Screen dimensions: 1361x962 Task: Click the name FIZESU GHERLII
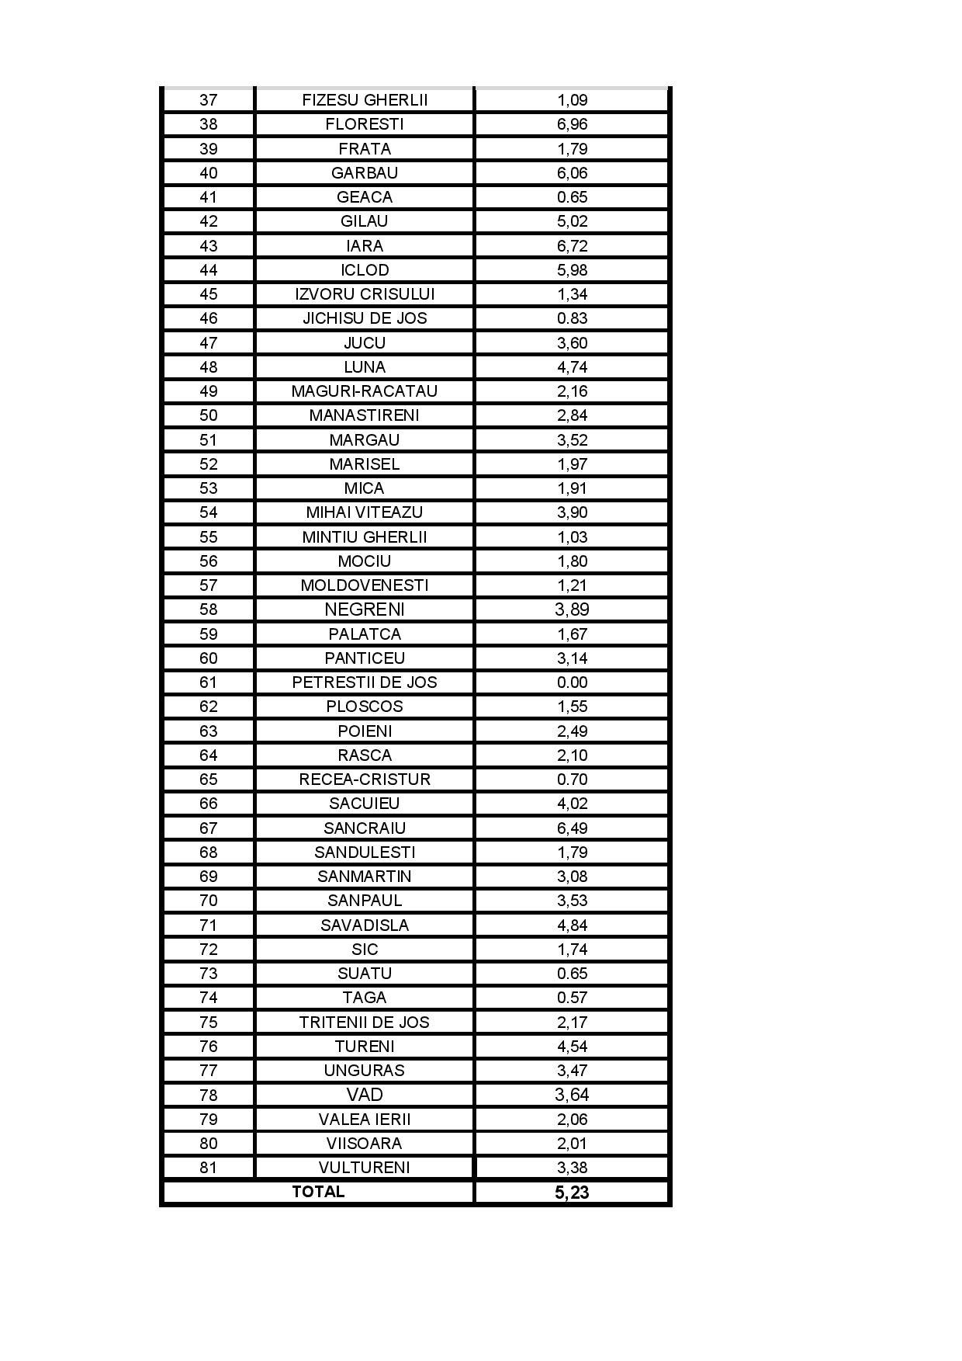(365, 100)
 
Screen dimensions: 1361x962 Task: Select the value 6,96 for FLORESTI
(572, 124)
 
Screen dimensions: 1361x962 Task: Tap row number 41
(208, 197)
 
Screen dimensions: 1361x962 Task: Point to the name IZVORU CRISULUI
(365, 294)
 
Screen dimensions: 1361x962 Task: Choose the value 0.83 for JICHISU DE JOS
(572, 318)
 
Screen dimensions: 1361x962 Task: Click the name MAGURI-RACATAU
(365, 391)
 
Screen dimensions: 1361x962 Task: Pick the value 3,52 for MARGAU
(572, 440)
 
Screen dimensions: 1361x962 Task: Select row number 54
(208, 512)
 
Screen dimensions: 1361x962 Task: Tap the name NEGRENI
(365, 609)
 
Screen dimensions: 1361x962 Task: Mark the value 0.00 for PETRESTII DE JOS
(572, 682)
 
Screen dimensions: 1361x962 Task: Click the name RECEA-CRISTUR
(365, 779)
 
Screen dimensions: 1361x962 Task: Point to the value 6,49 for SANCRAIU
(572, 828)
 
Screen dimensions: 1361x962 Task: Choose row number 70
(208, 901)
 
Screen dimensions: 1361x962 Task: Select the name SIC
(365, 950)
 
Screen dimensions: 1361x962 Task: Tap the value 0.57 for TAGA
(572, 998)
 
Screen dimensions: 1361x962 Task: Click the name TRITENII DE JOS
(365, 1022)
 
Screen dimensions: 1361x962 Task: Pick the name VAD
(365, 1095)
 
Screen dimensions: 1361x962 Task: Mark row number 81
(208, 1168)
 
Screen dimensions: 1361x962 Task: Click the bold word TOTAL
(318, 1192)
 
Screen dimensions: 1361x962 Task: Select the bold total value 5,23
(572, 1193)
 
